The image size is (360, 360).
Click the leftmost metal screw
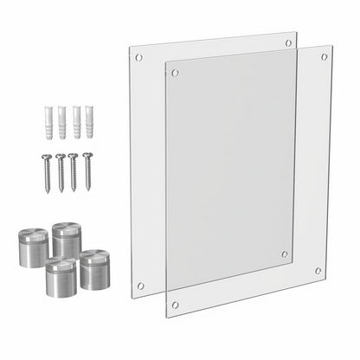point(46,171)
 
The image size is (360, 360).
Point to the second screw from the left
point(60,171)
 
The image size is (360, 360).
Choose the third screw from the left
point(74,171)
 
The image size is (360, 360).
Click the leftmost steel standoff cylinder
point(33,247)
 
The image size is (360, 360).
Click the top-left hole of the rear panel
point(138,57)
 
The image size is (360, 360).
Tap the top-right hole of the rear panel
point(288,42)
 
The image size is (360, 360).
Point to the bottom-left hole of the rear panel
point(140,286)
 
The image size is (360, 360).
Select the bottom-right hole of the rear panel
point(285,254)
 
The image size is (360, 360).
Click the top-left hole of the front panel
point(175,74)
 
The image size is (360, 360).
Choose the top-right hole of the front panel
point(324,57)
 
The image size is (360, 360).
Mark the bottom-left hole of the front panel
point(175,305)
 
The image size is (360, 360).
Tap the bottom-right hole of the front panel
point(318,271)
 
